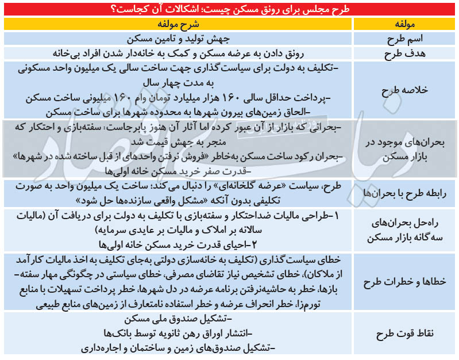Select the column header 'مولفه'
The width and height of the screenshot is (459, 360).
[406, 25]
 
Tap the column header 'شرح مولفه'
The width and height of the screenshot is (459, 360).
[178, 25]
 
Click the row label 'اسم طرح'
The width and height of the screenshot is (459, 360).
[406, 39]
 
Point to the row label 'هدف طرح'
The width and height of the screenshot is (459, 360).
[406, 53]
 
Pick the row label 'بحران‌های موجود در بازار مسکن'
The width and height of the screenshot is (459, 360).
[406, 149]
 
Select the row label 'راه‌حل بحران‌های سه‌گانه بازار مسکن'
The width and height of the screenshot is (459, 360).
[406, 229]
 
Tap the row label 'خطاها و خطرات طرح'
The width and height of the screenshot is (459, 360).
[406, 281]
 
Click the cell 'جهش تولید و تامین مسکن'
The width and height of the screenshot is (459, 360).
[178, 39]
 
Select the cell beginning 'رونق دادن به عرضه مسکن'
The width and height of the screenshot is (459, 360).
[178, 53]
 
